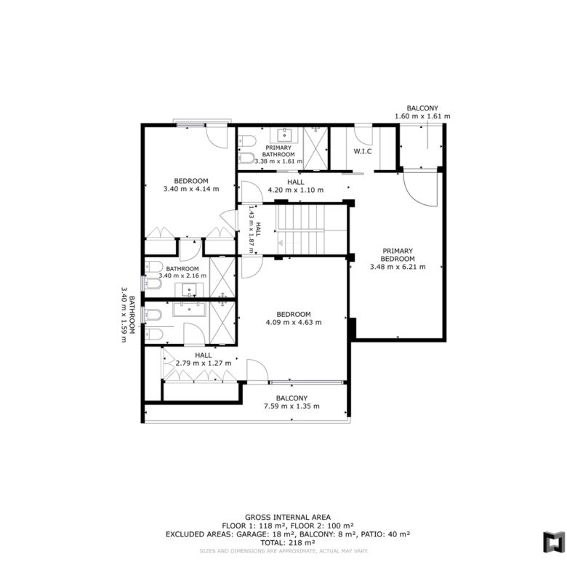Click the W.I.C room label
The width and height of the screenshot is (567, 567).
tap(362, 151)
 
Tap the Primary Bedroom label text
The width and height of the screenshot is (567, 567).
tap(398, 255)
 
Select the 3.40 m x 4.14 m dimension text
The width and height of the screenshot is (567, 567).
tap(191, 189)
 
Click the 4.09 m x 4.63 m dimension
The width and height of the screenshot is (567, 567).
tap(294, 322)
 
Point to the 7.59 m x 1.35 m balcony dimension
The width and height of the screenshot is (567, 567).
tap(291, 406)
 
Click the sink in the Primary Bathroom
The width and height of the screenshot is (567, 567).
tap(284, 135)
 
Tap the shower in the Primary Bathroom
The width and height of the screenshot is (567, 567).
tap(315, 148)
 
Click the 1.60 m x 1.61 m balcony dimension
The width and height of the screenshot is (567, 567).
tap(422, 116)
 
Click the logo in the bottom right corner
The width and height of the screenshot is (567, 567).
tap(554, 542)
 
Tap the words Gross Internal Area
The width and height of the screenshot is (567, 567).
tap(288, 518)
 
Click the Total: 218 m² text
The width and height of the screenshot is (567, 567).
tap(288, 543)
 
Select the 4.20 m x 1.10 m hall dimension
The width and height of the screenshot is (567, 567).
tap(296, 190)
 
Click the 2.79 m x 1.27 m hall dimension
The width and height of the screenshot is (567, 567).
tap(204, 363)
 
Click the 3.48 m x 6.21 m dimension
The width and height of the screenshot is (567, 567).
tap(398, 267)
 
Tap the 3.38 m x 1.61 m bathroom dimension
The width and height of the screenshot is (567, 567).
tap(278, 161)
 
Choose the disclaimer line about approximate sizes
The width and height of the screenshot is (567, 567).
tap(283, 551)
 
